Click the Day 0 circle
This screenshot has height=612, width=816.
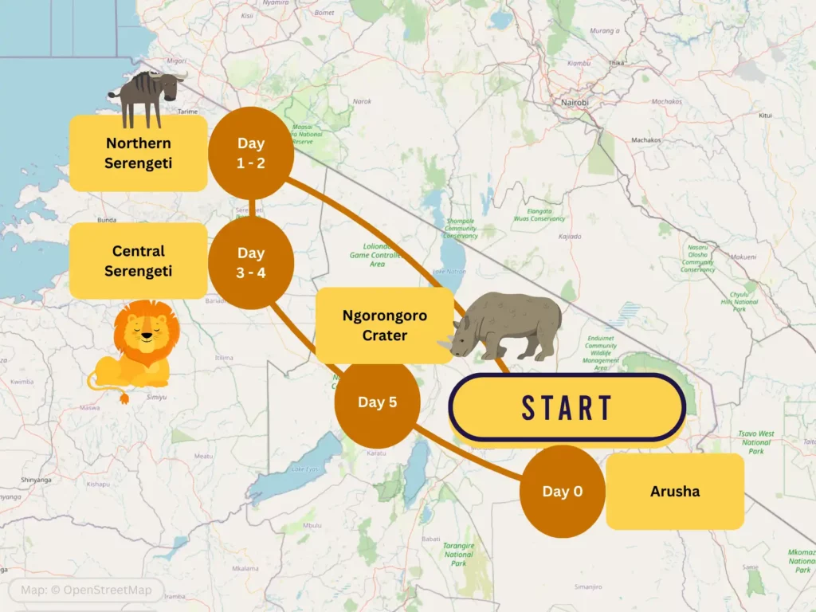[562, 491]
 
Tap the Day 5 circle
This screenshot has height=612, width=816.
[377, 402]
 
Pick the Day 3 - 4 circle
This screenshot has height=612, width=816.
[251, 262]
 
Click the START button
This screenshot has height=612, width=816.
[567, 407]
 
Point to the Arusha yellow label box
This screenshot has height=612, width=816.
[675, 491]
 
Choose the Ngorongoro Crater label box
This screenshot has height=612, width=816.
[384, 325]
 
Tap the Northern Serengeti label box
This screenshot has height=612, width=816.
[139, 153]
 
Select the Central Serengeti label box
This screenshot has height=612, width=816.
[139, 261]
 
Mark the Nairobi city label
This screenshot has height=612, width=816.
[576, 103]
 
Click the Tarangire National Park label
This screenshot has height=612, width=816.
[458, 555]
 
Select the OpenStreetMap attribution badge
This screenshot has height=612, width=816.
[86, 590]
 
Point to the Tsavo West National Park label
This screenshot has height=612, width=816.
[756, 443]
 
